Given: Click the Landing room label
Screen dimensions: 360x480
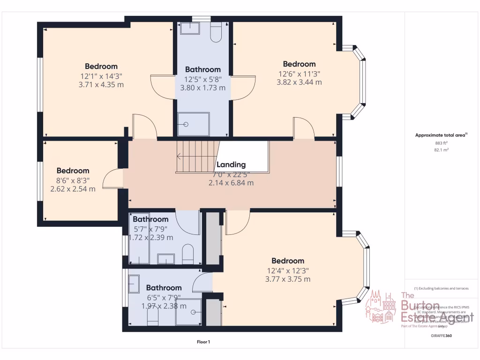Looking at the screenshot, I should point(231,165).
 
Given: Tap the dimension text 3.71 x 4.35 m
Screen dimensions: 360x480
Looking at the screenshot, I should point(101,85).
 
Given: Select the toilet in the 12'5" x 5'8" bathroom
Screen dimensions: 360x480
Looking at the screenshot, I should point(216,32).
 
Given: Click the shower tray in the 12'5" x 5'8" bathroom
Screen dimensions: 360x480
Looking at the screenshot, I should point(193,124).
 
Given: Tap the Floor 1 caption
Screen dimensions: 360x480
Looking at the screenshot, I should point(203,342).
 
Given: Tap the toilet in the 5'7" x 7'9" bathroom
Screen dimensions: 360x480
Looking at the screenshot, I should point(187,253).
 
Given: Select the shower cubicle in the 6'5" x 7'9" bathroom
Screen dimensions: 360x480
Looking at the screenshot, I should point(188,312).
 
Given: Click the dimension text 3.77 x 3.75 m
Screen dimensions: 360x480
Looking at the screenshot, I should point(288,279).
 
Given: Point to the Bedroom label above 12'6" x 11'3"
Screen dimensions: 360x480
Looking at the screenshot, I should point(299,64).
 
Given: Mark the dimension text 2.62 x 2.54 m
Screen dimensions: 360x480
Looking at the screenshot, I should point(73,189).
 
